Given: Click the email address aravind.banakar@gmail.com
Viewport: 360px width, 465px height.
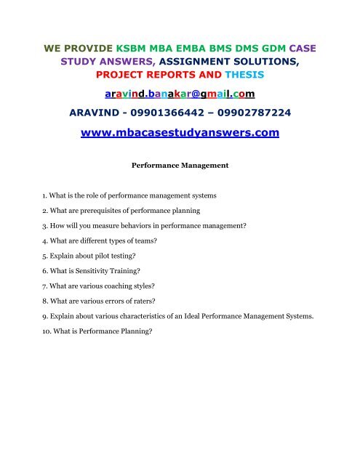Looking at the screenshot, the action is click(x=180, y=94).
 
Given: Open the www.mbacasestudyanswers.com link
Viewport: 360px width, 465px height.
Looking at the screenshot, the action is click(x=180, y=134).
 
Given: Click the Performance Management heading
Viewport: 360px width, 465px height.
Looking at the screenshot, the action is click(x=180, y=165).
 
